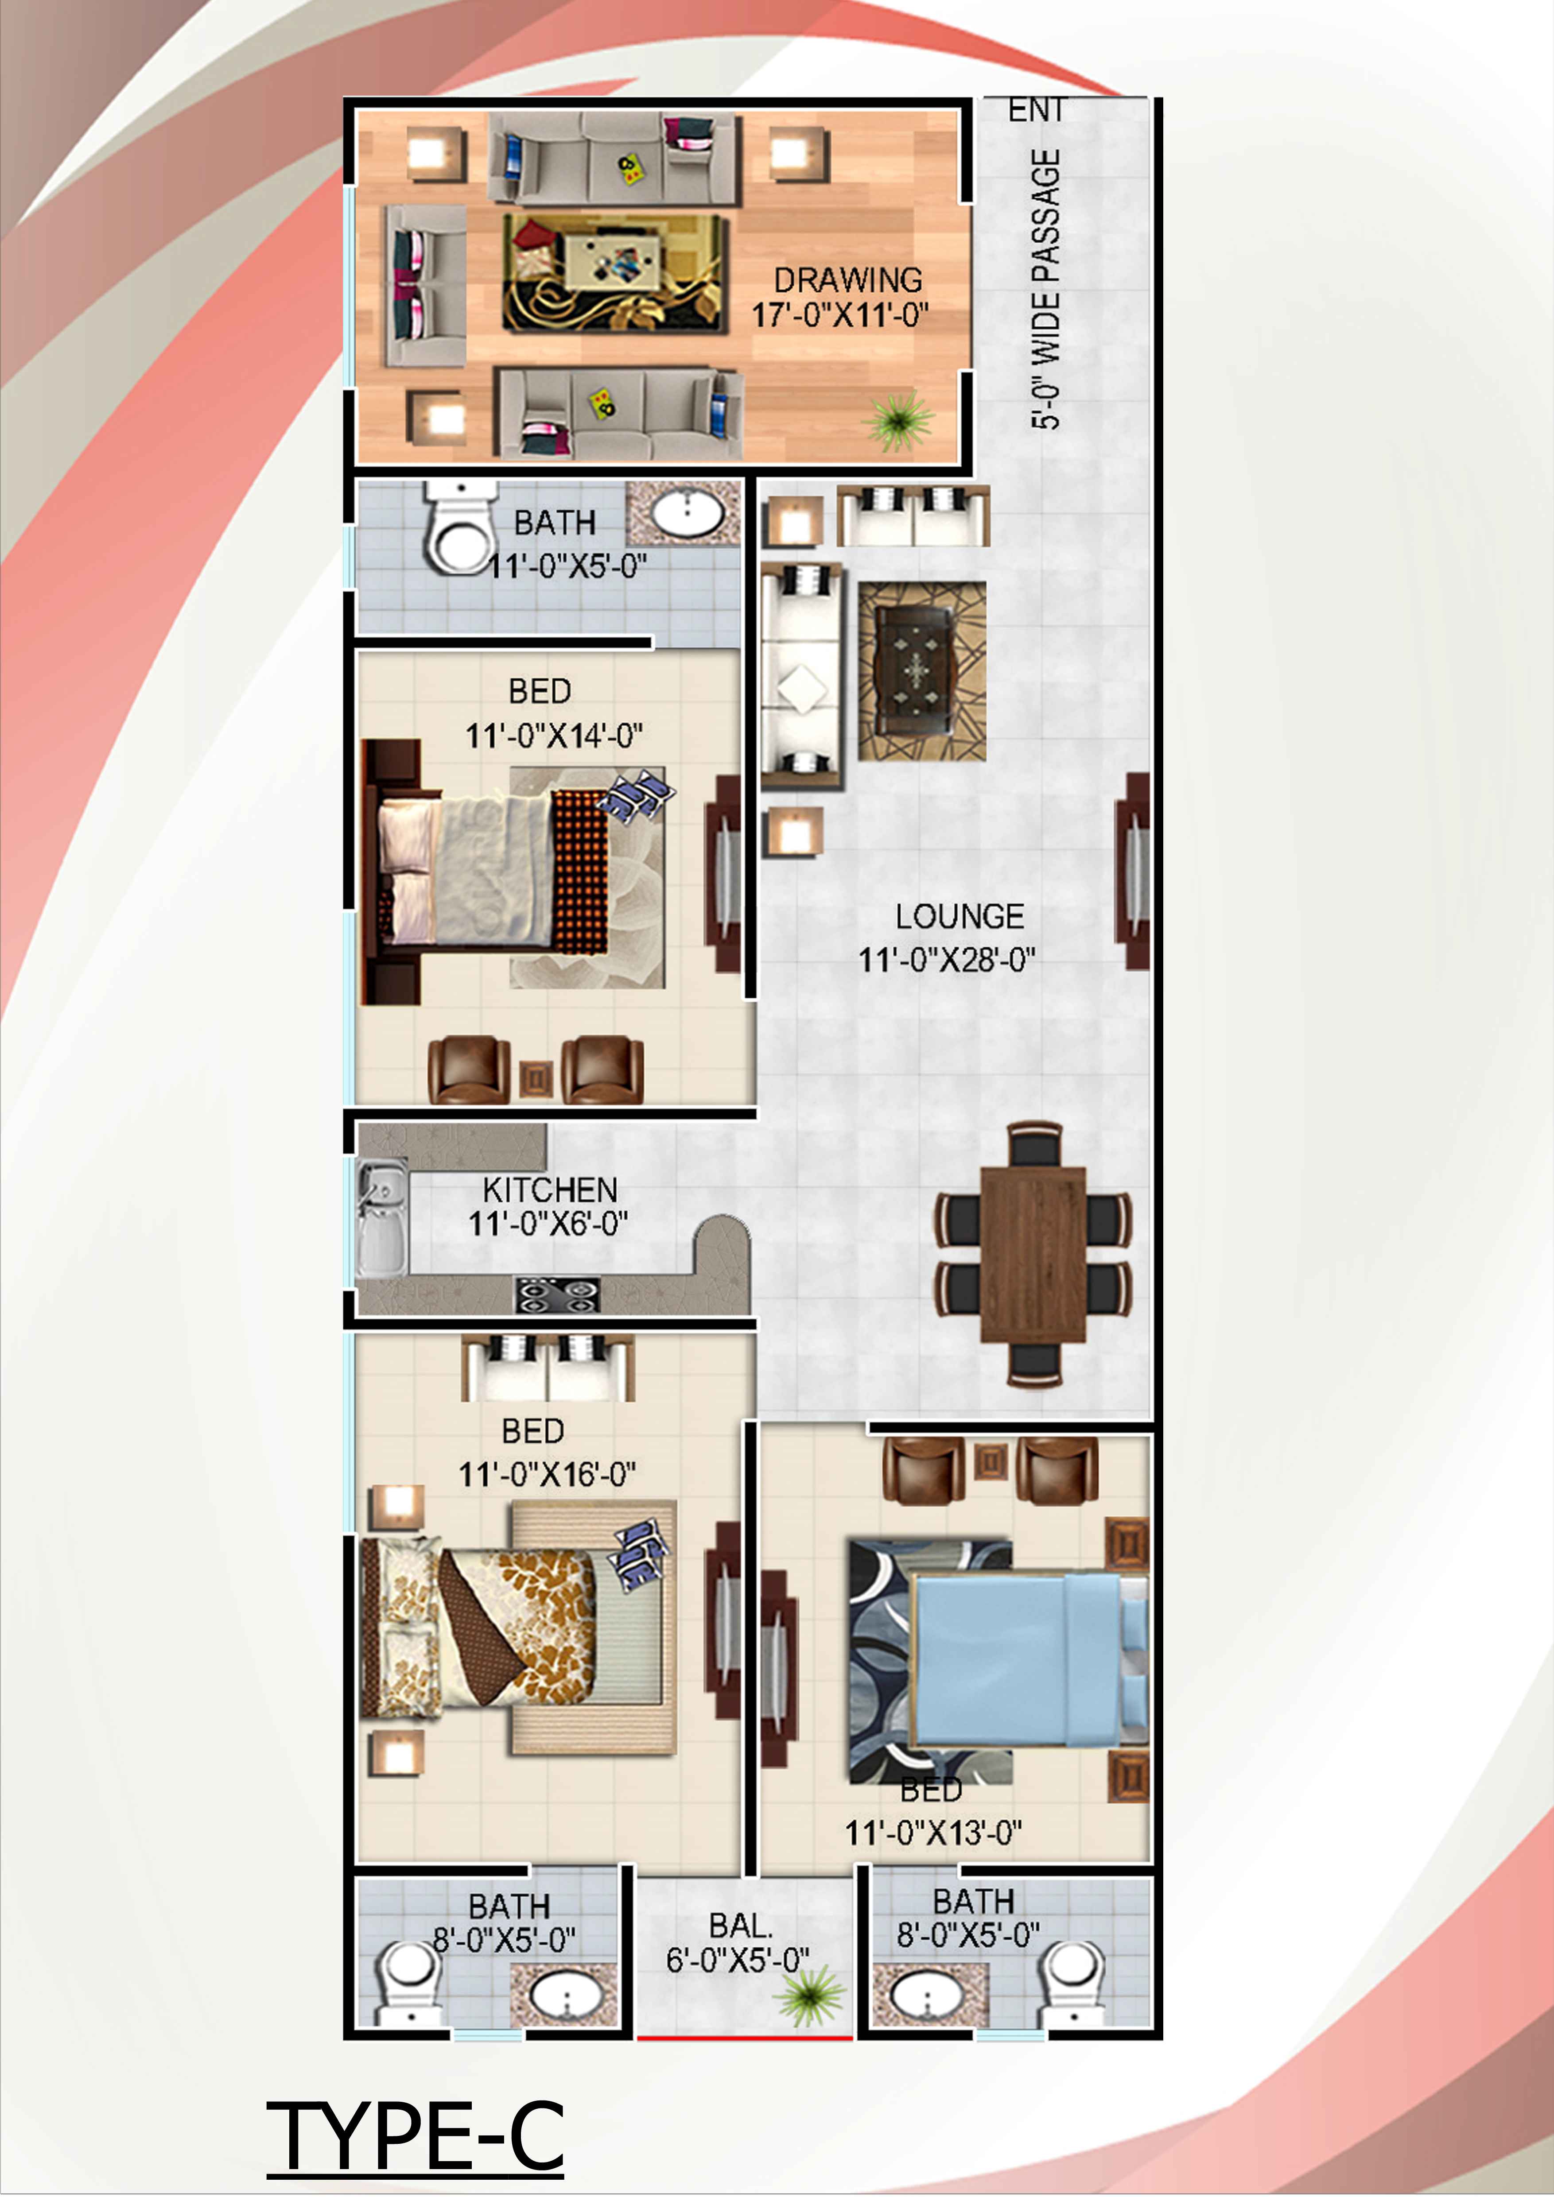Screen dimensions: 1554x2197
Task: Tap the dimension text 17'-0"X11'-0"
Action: pos(840,315)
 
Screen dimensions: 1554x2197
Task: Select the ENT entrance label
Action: pos(1036,111)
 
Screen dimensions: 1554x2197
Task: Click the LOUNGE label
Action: pos(960,917)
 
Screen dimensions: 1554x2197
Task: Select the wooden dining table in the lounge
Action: pos(1033,1255)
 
